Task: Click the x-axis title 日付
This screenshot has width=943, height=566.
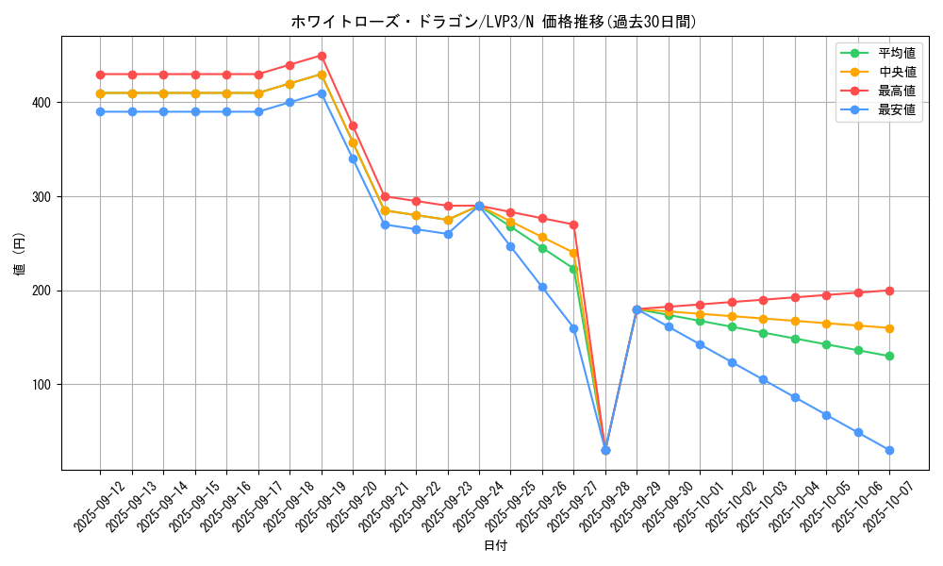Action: click(495, 546)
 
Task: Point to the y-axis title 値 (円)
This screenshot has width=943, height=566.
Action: click(20, 254)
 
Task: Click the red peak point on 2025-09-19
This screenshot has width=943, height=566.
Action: click(322, 56)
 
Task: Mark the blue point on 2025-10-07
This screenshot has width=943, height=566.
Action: click(889, 451)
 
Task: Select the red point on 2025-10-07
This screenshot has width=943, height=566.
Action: click(889, 291)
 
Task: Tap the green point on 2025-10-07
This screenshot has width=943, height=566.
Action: click(889, 357)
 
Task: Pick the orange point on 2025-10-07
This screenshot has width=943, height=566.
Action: click(889, 328)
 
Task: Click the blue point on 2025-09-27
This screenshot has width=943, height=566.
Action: click(573, 328)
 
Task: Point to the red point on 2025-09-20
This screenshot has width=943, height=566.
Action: click(353, 125)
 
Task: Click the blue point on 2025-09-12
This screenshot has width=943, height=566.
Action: click(100, 111)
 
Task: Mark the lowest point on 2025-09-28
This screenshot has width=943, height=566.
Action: click(605, 451)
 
